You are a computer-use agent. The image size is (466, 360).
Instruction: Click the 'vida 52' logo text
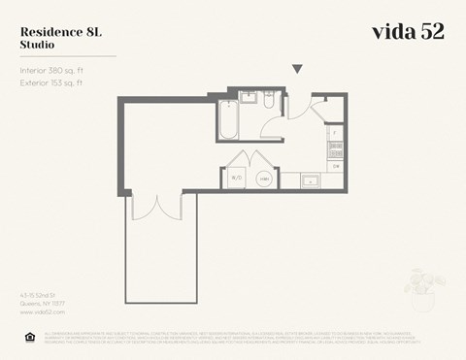pyautogui.click(x=408, y=31)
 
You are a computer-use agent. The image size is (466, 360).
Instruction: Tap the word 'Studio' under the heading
pyautogui.click(x=38, y=45)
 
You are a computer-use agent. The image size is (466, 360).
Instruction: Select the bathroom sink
pyautogui.click(x=248, y=99)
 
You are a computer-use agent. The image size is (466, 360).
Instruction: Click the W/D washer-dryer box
pyautogui.click(x=236, y=178)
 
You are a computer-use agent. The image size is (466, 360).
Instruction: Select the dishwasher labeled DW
pyautogui.click(x=336, y=166)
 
